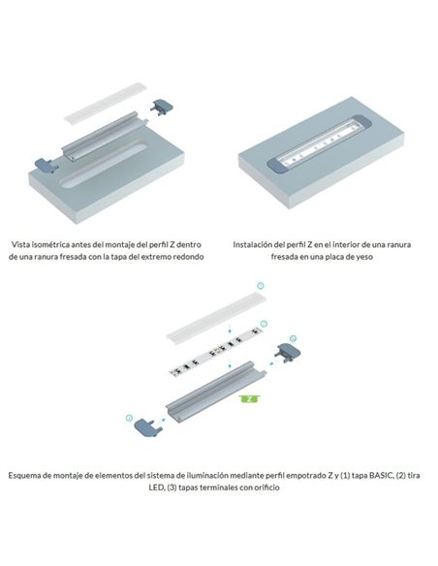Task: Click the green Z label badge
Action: [x=250, y=397]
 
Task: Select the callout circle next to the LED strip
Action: [x=265, y=322]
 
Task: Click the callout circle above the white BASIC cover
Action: [x=260, y=287]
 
